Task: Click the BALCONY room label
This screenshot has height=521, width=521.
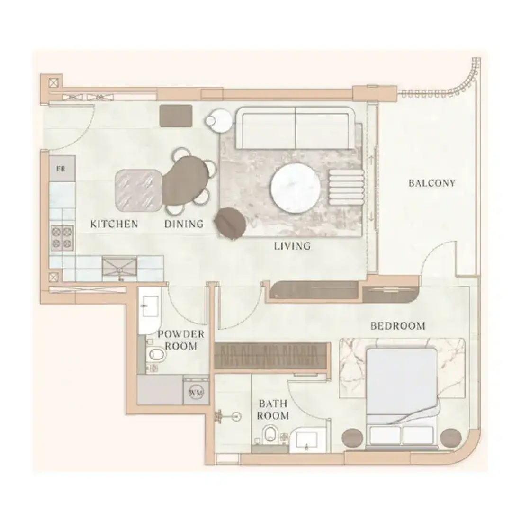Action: coord(431,183)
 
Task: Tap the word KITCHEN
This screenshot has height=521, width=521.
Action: coord(114,224)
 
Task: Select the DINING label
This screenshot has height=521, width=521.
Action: coord(184,224)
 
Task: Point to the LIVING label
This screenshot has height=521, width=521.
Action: coord(292,246)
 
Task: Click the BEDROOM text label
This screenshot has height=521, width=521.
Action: coord(398,326)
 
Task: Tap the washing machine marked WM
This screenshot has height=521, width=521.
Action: coord(196,393)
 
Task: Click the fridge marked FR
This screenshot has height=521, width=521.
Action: coord(62,169)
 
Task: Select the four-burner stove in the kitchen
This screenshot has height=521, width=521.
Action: coord(62,238)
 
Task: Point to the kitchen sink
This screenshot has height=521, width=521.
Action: coord(119,267)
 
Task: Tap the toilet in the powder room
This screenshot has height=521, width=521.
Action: coord(156,355)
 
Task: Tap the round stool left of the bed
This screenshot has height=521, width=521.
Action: coord(352,438)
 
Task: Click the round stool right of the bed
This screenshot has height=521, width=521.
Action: coord(451,438)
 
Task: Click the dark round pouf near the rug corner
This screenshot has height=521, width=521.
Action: coord(231,223)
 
